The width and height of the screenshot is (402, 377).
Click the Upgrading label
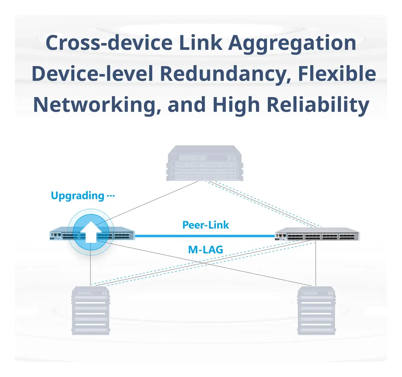tap(77, 196)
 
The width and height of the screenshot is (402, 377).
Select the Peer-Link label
tap(205, 225)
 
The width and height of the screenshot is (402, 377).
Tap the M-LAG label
tap(205, 249)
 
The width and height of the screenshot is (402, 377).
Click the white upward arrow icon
tap(91, 232)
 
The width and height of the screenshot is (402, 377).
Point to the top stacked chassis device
tap(204, 163)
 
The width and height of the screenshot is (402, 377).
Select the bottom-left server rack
tap(91, 310)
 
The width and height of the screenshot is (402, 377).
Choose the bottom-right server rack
tap(316, 310)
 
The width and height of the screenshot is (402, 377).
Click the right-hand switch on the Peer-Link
tap(317, 234)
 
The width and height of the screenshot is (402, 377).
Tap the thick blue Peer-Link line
tap(205, 236)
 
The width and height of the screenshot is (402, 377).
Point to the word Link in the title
tap(200, 43)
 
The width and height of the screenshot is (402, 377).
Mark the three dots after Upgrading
tap(111, 196)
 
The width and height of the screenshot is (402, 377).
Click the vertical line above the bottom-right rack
tap(316, 263)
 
